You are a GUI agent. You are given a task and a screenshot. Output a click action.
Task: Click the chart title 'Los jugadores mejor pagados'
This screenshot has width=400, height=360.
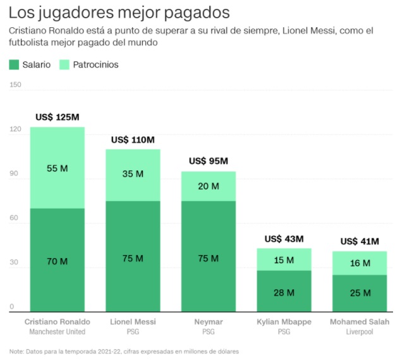(119, 13)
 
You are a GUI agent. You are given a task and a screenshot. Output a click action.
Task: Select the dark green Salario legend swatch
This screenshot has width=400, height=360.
(14, 65)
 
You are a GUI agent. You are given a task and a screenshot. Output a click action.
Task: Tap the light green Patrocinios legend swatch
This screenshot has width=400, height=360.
(64, 65)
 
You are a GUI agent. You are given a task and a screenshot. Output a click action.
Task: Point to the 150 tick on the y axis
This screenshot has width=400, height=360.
(15, 85)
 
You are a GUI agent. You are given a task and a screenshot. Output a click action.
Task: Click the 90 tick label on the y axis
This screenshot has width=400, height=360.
(14, 173)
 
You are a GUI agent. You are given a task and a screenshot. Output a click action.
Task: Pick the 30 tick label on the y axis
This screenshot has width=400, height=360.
(14, 262)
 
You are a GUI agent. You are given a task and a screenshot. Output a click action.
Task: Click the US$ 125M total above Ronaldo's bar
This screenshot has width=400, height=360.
(58, 117)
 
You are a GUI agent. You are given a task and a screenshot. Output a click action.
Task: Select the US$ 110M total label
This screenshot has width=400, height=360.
(133, 140)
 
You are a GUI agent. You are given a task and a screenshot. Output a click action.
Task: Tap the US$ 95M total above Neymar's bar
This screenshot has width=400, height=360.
(209, 161)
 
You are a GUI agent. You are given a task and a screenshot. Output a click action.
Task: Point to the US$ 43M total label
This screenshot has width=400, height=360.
(284, 239)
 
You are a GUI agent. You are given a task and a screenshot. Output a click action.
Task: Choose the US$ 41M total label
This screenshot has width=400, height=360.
(360, 241)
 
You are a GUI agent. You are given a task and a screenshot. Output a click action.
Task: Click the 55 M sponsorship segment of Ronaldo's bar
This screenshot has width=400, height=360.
(58, 168)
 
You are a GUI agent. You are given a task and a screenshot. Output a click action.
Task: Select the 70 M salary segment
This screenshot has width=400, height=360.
(58, 260)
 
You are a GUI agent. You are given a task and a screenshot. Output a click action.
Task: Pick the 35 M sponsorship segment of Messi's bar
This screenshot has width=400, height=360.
(133, 175)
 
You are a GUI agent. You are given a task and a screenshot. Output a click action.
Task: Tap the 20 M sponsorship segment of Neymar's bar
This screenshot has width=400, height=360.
(209, 186)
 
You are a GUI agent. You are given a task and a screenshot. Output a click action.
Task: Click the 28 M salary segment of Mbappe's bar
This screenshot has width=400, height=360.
(284, 291)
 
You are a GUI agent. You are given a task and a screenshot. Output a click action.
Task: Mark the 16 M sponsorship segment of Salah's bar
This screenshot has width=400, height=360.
(360, 263)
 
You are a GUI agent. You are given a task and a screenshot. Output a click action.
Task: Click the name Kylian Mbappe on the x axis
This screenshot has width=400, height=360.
(284, 322)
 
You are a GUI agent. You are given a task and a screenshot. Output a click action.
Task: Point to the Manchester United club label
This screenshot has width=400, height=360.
(58, 332)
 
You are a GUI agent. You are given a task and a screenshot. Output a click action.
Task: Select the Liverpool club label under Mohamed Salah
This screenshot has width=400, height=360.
(360, 332)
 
